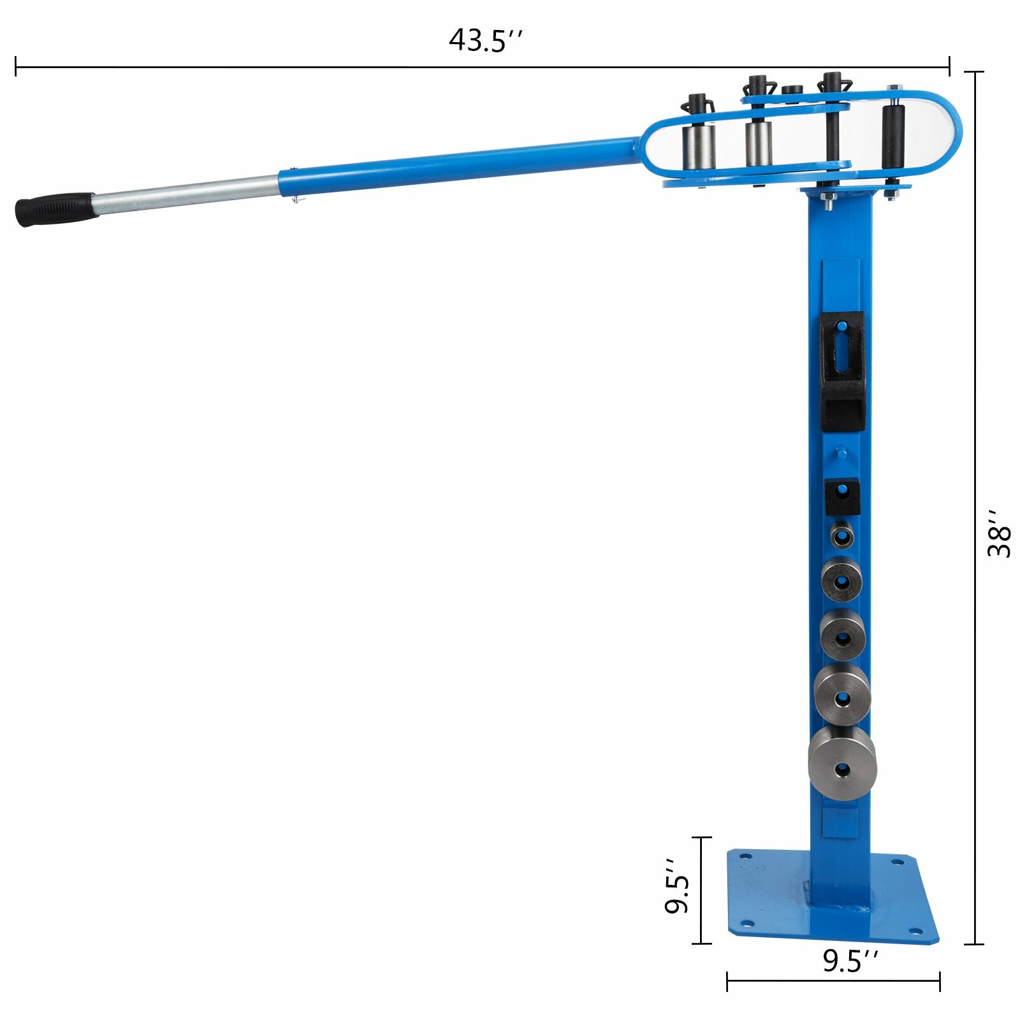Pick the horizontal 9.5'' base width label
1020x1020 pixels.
850,961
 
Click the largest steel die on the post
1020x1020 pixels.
842,764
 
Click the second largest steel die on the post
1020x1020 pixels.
842,696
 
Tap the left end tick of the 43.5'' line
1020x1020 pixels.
16,66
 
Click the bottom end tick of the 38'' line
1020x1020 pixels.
974,944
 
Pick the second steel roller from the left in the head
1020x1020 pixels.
757,143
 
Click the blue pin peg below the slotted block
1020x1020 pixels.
841,453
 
